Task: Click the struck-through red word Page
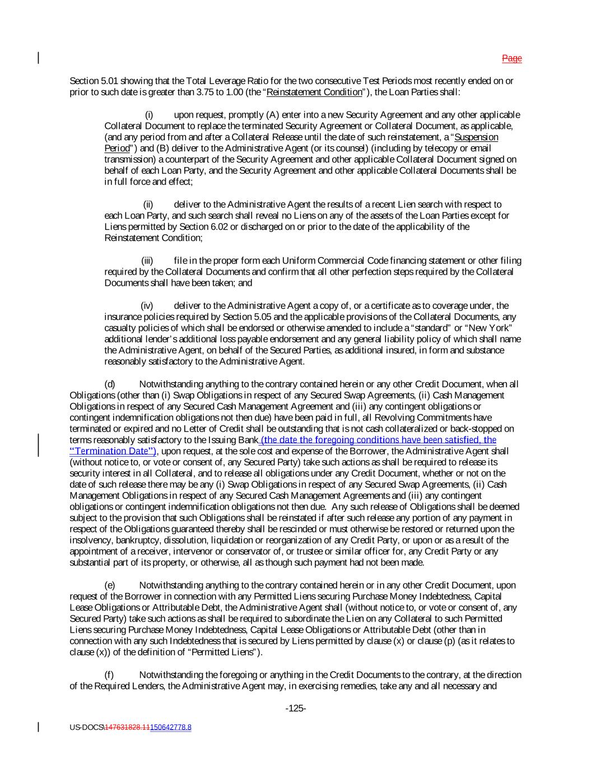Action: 511,58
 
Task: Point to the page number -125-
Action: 295,708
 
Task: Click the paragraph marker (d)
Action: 110,384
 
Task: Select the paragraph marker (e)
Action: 110,585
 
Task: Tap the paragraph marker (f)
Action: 110,675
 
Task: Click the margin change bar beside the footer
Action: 38,727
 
